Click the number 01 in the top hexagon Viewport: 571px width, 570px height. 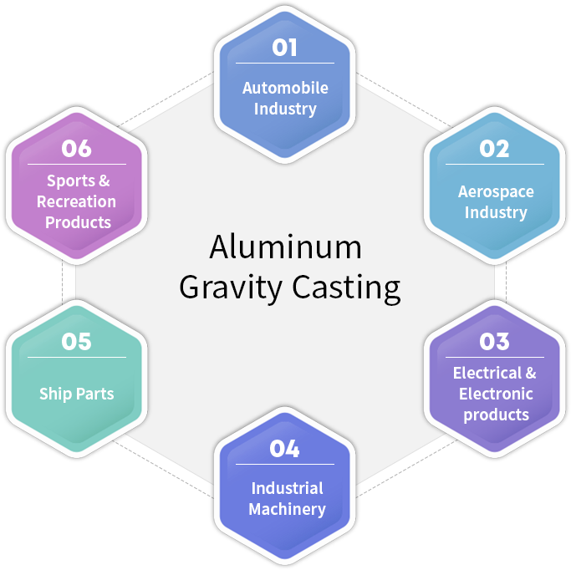pos(284,48)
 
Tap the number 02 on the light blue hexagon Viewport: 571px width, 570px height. pos(494,149)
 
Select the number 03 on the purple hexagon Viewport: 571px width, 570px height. pos(494,342)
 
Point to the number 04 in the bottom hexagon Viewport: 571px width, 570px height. pos(284,449)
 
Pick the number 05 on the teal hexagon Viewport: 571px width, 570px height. pos(76,342)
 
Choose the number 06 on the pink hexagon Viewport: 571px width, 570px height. pos(76,149)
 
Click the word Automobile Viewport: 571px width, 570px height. pos(285,88)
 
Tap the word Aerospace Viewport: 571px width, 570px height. pos(496,192)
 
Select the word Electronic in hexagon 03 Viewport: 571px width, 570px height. pos(496,394)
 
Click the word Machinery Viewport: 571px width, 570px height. pos(287,510)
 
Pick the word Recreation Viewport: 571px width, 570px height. pos(76,201)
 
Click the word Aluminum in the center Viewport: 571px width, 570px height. pos(286,247)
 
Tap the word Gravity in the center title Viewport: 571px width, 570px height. pos(231,288)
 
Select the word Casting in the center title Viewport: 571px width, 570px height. pos(346,288)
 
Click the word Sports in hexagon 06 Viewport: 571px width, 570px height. pos(71,181)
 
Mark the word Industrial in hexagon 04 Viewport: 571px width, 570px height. pos(287,488)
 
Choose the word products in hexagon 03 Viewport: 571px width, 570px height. pos(496,415)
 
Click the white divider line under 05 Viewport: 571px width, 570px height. pos(77,358)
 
